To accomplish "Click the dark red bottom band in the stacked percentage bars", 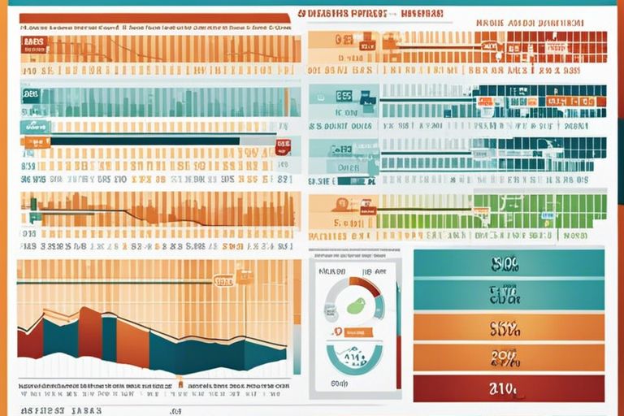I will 509,388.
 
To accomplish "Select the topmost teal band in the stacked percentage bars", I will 509,263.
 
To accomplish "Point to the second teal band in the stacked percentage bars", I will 509,294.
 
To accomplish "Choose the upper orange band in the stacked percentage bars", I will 509,327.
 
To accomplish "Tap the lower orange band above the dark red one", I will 509,357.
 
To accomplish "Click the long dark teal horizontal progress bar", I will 146,141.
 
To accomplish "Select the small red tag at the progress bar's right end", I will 283,147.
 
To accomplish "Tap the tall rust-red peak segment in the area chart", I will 90,333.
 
